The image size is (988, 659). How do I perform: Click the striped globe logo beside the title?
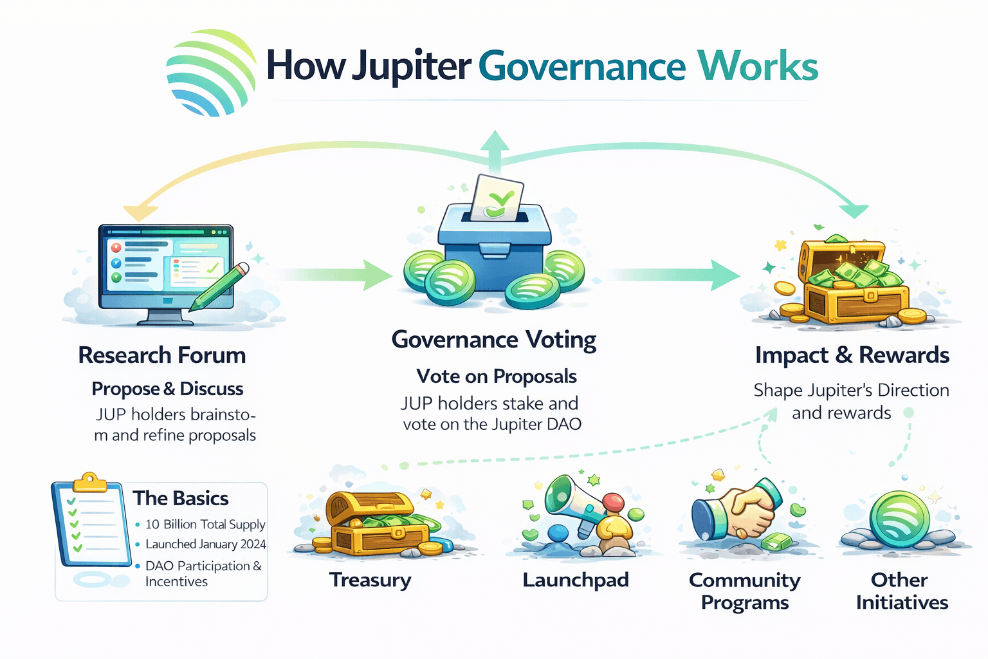coord(210,73)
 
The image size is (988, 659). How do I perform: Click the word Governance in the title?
coord(581,66)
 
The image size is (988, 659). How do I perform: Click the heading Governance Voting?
coord(494,339)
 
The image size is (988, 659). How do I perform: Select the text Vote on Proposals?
coord(496,376)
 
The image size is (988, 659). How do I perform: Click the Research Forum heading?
coord(162,355)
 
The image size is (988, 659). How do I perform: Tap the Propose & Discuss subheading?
coord(167,389)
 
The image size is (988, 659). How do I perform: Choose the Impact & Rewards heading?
coord(852,355)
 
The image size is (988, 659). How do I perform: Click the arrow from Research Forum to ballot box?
coord(334,275)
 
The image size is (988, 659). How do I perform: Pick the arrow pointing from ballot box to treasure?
coord(672,275)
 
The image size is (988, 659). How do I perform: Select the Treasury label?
coord(370,580)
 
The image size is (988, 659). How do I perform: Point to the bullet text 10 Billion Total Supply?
coord(205,524)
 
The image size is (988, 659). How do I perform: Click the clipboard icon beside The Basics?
coord(89,524)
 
